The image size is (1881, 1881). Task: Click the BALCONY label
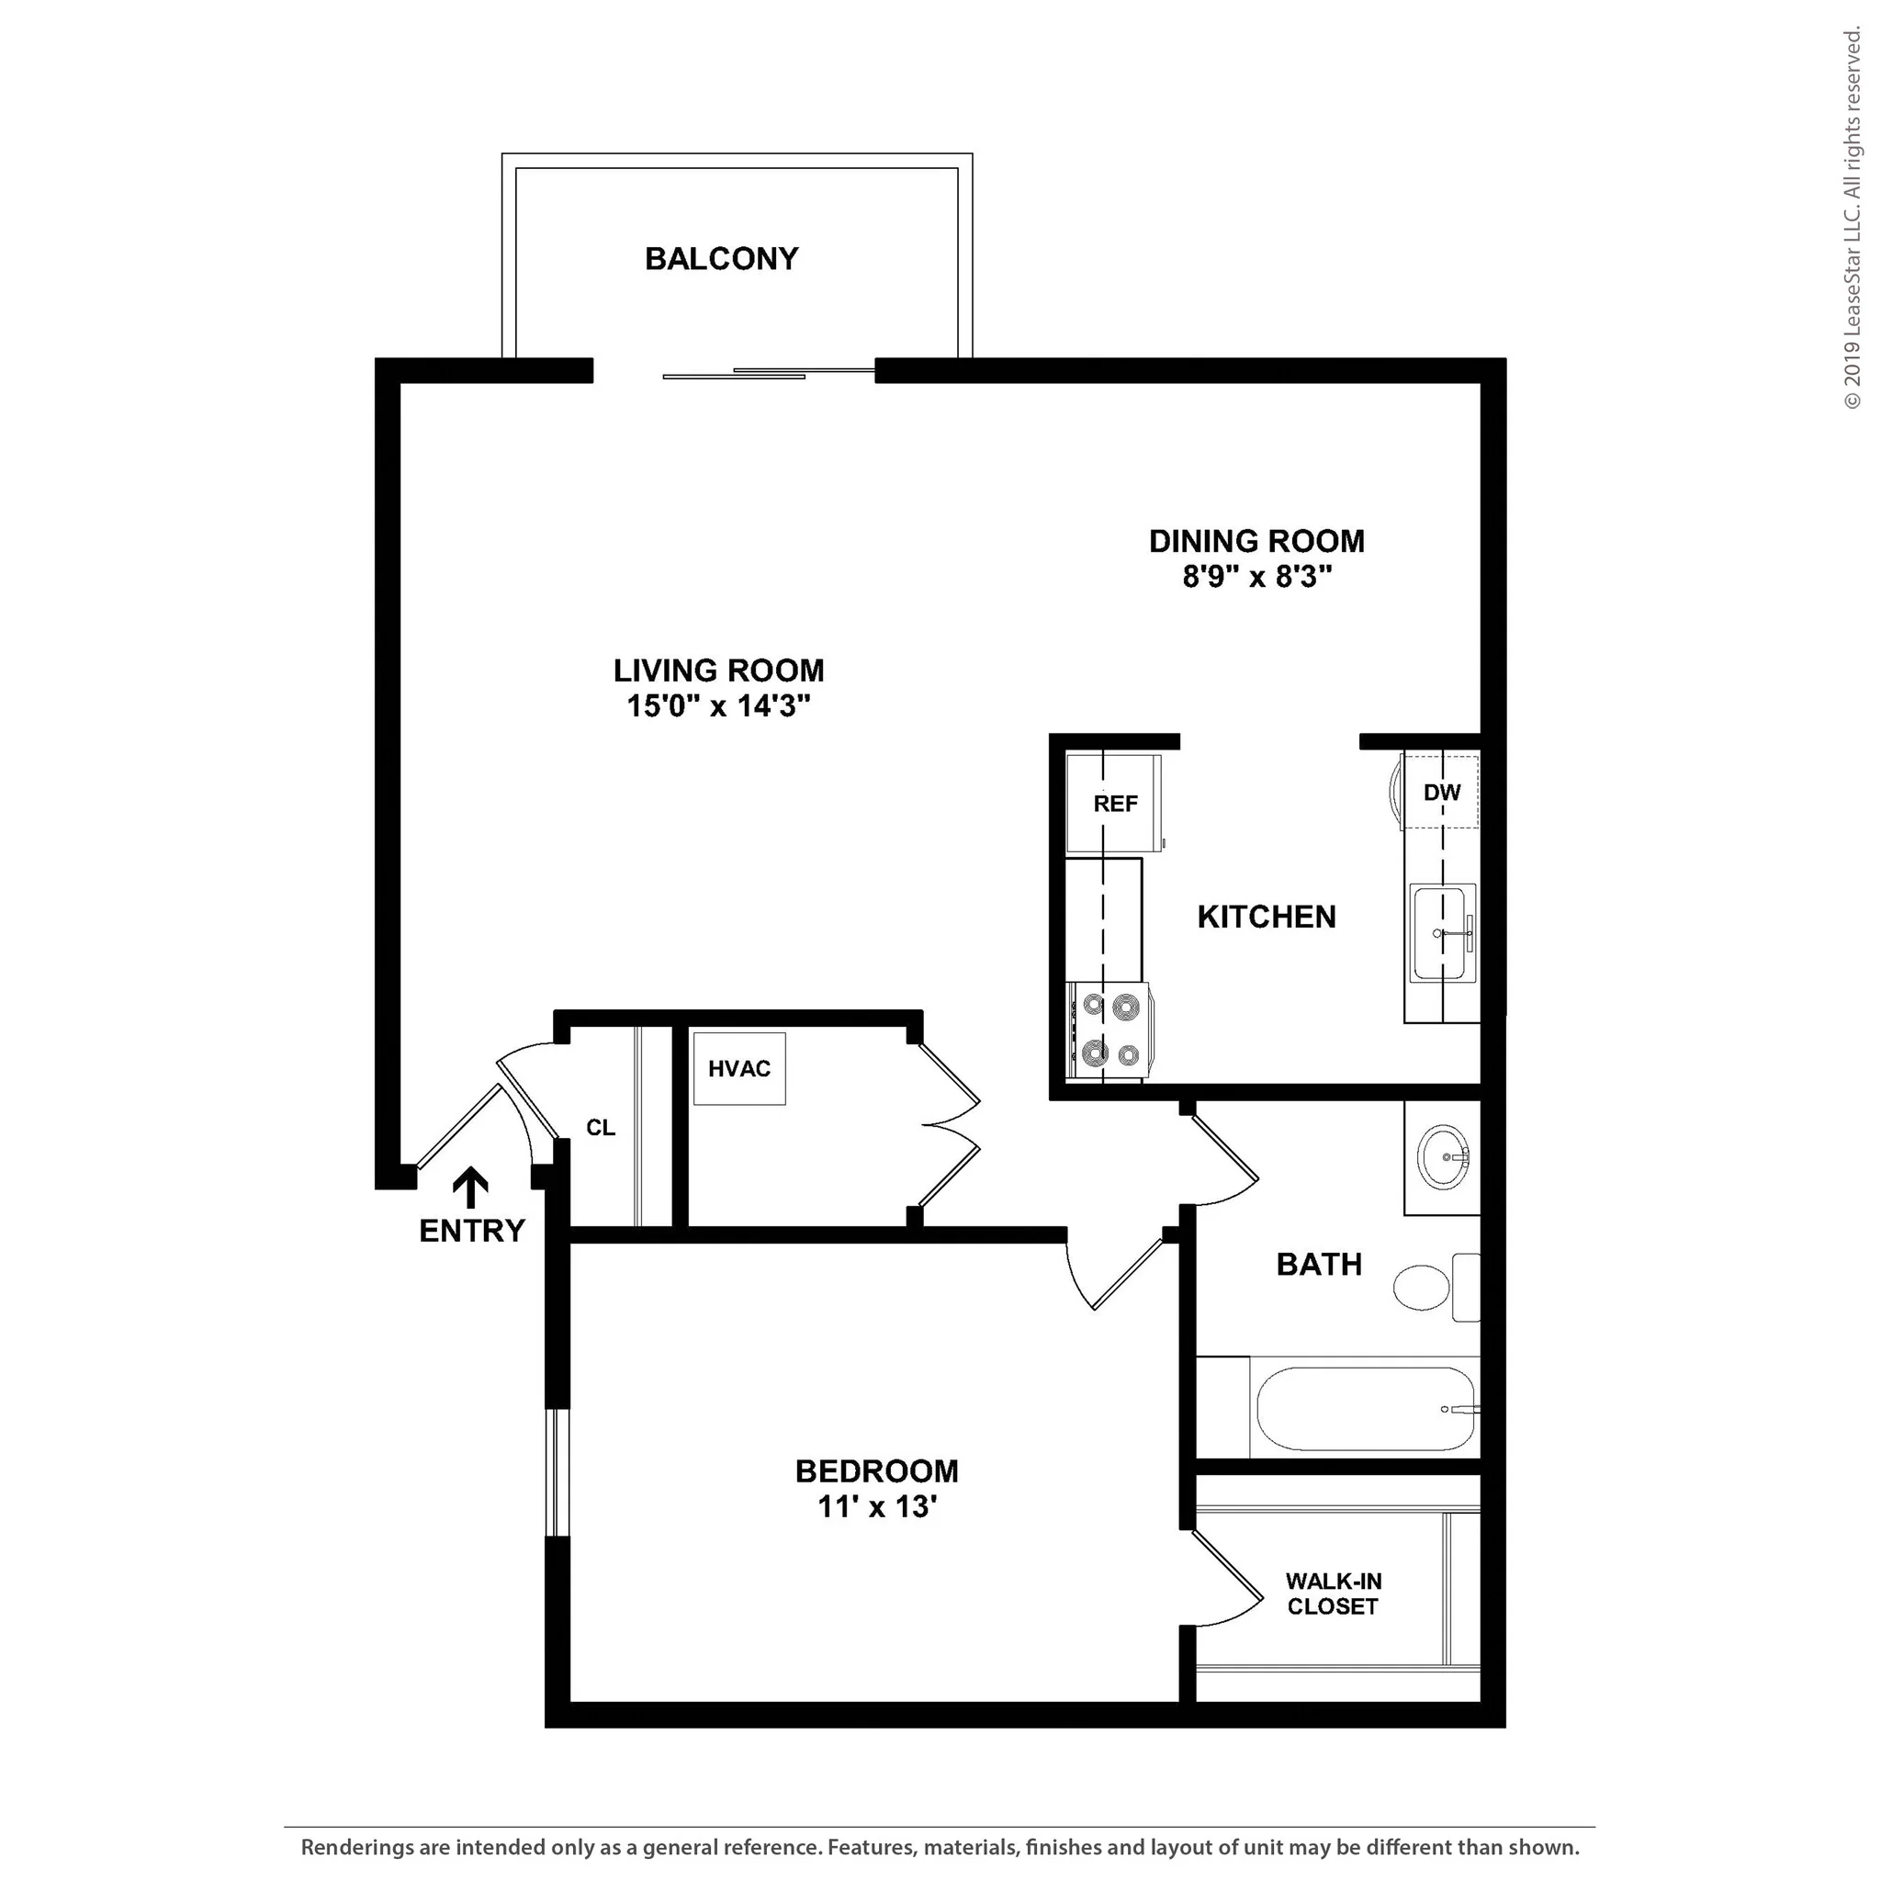[x=721, y=259]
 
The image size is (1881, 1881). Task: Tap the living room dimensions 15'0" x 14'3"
[x=718, y=706]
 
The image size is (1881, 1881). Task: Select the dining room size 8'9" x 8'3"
[x=1257, y=577]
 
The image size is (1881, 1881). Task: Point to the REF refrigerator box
[x=1114, y=804]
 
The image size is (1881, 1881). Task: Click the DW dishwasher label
[x=1442, y=793]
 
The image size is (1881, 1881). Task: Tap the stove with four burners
[x=1109, y=1031]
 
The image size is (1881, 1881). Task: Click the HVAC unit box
[x=739, y=1069]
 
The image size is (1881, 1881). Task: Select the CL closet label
[x=601, y=1128]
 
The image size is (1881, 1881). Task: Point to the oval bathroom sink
[x=1443, y=1157]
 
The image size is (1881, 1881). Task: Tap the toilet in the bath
[x=1437, y=1287]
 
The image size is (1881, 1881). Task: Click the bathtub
[x=1366, y=1410]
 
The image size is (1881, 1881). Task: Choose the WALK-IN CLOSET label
[x=1333, y=1594]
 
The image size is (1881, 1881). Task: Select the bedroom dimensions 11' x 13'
[x=877, y=1506]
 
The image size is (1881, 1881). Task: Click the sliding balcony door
[x=769, y=373]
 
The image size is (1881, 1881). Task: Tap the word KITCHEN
[x=1267, y=918]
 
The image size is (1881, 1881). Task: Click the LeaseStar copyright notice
[x=1852, y=220]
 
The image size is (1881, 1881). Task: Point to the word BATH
[x=1319, y=1265]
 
